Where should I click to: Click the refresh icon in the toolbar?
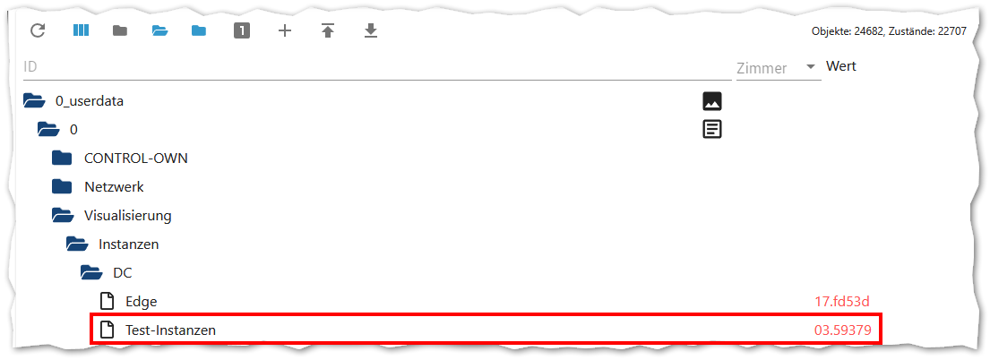click(x=38, y=31)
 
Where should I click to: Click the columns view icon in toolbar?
click(x=82, y=31)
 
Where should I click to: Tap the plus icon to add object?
click(x=285, y=31)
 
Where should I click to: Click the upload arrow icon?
click(x=328, y=31)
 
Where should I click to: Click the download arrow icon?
click(x=371, y=31)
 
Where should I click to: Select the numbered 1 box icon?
click(x=242, y=31)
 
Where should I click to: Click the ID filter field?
click(x=376, y=67)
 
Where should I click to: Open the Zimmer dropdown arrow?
click(x=810, y=67)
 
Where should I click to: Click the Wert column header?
click(x=841, y=66)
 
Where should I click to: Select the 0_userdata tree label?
click(x=90, y=101)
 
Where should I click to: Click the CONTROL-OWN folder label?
click(x=136, y=159)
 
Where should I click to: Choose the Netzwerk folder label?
click(x=114, y=187)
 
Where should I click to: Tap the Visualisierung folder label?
click(x=127, y=216)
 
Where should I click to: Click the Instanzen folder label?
click(x=129, y=244)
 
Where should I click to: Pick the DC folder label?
click(x=123, y=272)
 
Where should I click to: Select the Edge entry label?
click(x=142, y=301)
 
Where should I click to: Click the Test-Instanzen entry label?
click(x=170, y=330)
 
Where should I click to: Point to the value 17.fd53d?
click(x=843, y=301)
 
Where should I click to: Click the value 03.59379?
click(x=843, y=330)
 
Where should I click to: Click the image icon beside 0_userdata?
click(x=712, y=101)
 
